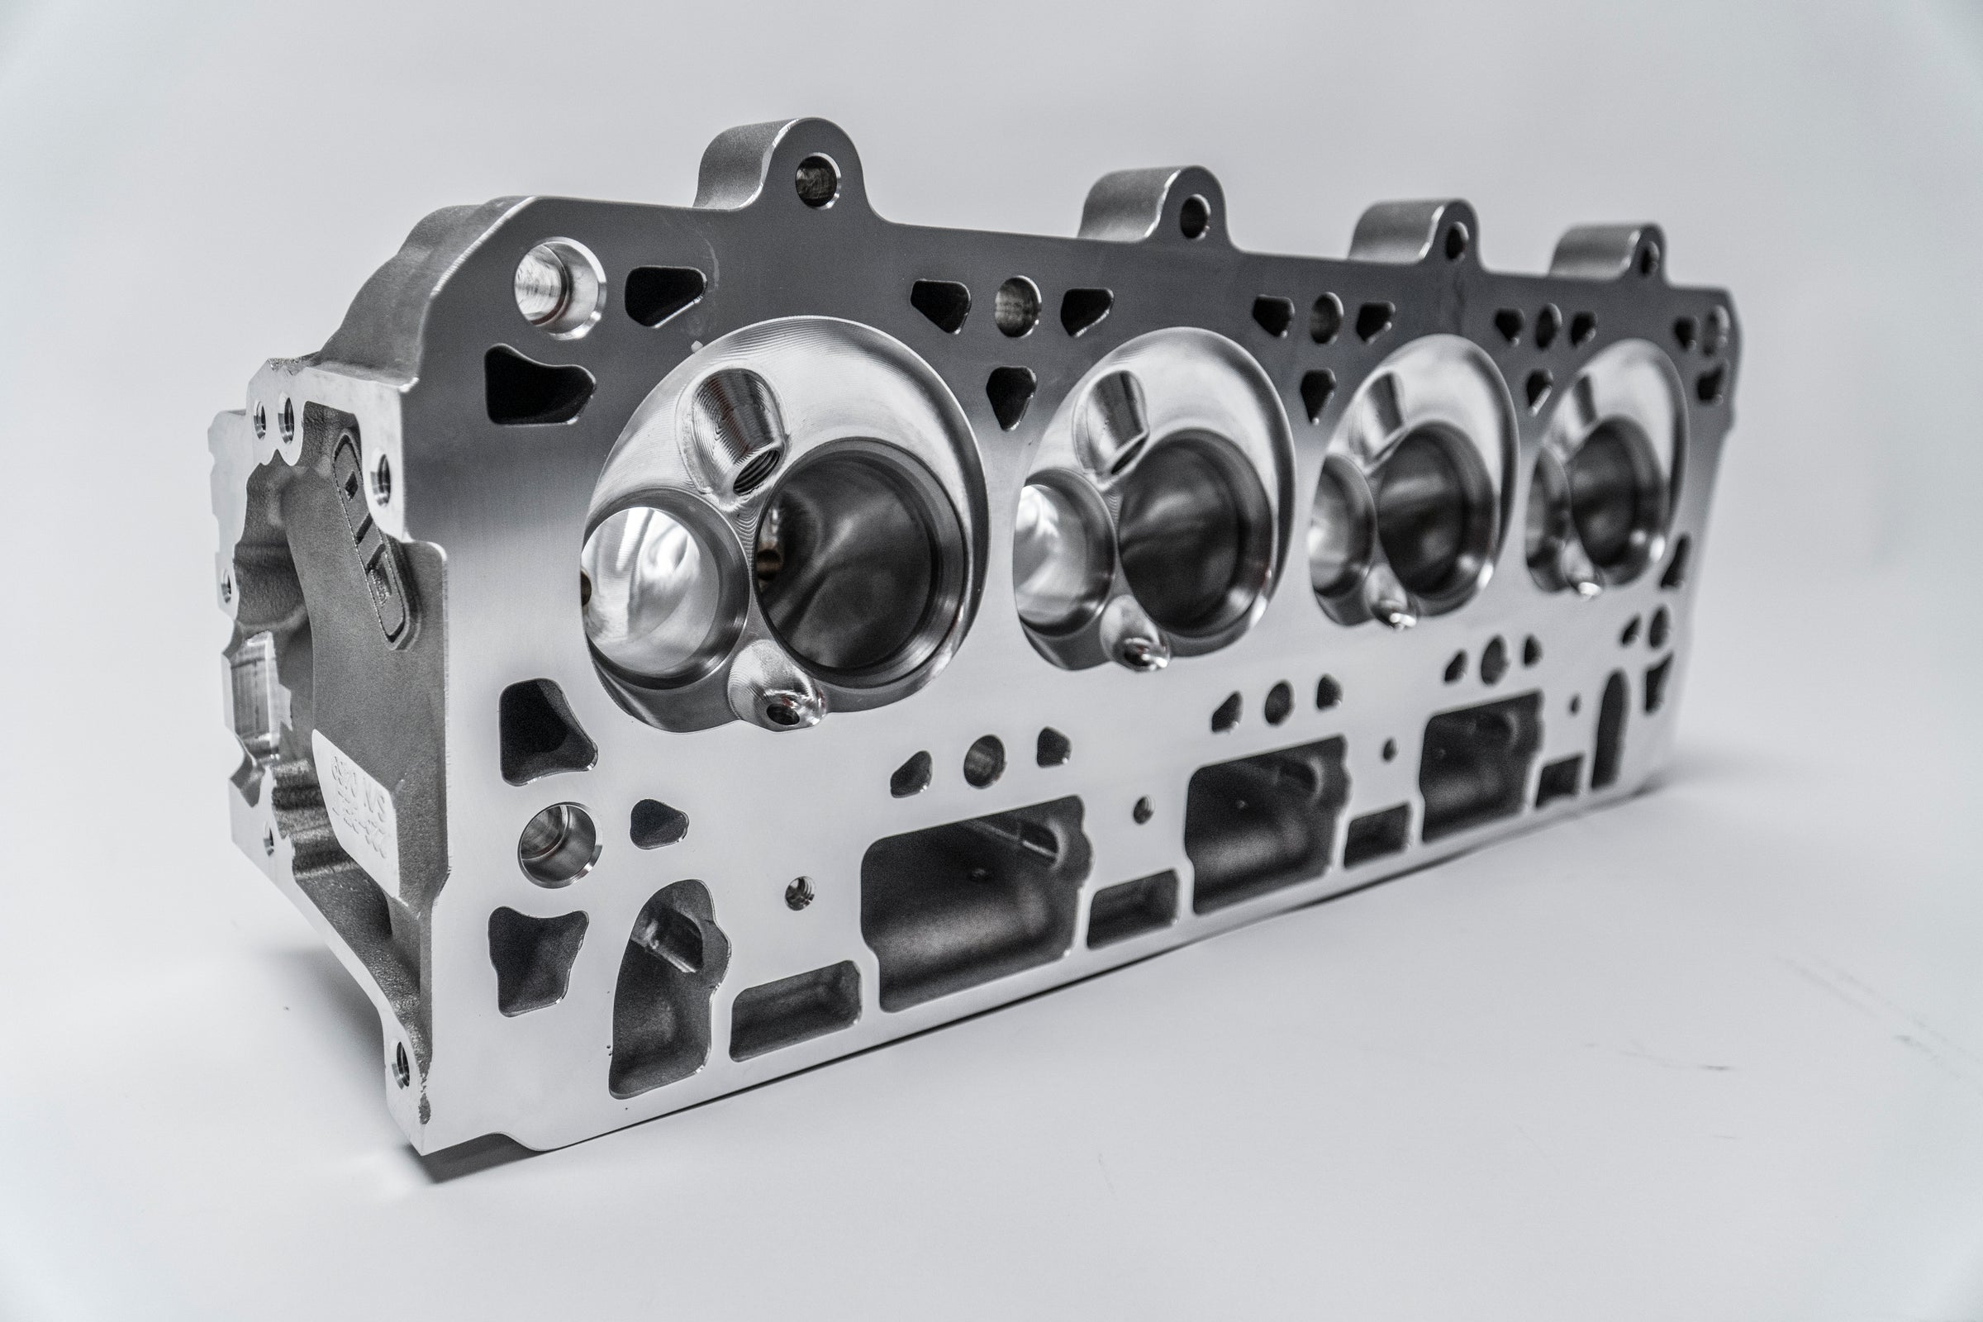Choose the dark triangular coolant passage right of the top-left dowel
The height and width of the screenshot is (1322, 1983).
(x=664, y=292)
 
